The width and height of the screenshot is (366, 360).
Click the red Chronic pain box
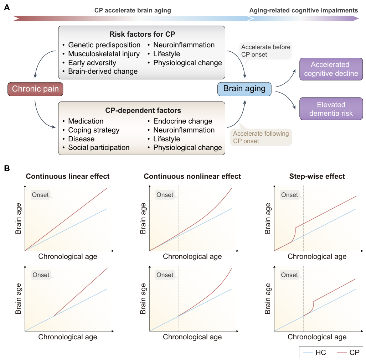35,89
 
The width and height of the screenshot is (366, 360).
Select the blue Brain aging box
244,89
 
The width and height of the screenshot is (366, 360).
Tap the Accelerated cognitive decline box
329,69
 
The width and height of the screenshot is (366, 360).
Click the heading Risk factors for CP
142,34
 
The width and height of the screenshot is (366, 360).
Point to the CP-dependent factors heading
142,111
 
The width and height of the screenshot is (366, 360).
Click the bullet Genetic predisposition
104,45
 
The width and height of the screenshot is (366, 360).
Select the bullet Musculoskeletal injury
104,54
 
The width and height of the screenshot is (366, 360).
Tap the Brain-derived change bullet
103,72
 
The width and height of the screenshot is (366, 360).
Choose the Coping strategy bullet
94,130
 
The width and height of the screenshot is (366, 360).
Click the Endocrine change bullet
183,121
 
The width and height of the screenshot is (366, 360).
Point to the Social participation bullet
99,148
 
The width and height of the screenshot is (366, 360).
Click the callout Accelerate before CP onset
266,51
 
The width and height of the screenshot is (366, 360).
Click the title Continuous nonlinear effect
192,177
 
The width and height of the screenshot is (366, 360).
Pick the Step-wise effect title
317,177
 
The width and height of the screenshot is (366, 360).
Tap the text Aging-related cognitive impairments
303,11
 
